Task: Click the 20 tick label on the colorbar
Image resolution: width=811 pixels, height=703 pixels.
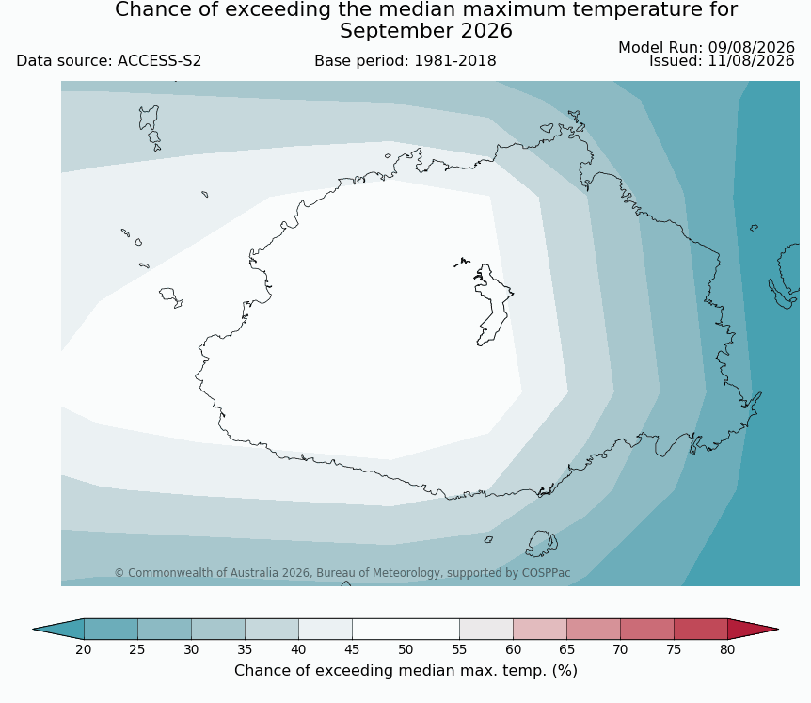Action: [84, 649]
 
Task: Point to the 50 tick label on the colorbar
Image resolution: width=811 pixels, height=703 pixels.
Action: [405, 649]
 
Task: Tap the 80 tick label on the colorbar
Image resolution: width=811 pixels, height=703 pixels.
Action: [727, 649]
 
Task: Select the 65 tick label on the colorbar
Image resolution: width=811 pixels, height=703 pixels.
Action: [566, 649]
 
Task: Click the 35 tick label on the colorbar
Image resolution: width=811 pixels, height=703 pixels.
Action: [245, 649]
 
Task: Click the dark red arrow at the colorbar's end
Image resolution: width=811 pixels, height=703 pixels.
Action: [750, 629]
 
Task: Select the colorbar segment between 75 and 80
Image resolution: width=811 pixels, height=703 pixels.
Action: [700, 629]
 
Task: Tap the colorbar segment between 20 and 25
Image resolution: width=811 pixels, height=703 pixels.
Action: [111, 629]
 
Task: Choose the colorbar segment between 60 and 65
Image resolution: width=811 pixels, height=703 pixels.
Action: [539, 629]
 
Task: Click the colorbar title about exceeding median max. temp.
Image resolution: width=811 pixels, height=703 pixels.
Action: [405, 671]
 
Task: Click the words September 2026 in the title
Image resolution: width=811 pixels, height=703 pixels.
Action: [425, 31]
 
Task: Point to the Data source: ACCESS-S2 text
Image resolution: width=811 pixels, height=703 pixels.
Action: [108, 61]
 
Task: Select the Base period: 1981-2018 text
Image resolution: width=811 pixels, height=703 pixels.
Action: [405, 61]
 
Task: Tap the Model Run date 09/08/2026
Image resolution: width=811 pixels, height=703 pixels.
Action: [751, 48]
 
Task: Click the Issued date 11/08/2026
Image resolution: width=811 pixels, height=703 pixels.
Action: [751, 61]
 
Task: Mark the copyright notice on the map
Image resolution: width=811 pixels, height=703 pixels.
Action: [342, 573]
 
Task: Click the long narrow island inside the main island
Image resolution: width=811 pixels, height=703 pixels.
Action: [493, 304]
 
